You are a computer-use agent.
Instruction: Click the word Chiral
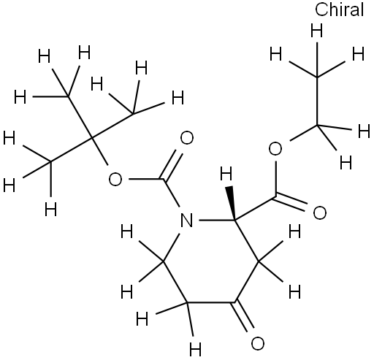(x=339, y=9)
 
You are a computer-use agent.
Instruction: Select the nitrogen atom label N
(x=186, y=221)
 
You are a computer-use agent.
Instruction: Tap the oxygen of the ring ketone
(x=257, y=343)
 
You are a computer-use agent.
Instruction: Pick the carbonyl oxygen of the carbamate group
(x=187, y=138)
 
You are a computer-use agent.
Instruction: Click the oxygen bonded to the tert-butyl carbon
(x=115, y=180)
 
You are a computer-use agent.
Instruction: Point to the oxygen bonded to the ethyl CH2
(x=275, y=149)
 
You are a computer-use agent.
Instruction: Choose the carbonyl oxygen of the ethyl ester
(x=319, y=212)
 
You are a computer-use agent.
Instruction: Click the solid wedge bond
(x=232, y=203)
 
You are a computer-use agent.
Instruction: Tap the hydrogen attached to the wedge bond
(x=226, y=174)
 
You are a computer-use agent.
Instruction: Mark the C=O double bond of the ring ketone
(x=244, y=316)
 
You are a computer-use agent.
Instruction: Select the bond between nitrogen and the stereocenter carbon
(x=217, y=221)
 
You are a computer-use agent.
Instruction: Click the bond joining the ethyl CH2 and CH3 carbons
(x=317, y=101)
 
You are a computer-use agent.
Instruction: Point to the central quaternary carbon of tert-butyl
(x=91, y=138)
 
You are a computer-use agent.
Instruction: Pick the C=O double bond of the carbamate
(x=172, y=165)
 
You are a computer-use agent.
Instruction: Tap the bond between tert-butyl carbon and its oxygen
(x=100, y=152)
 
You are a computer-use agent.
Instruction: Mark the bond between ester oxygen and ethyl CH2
(x=303, y=133)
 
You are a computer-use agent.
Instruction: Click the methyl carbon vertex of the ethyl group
(x=317, y=77)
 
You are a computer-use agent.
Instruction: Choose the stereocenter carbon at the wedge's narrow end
(x=235, y=221)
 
